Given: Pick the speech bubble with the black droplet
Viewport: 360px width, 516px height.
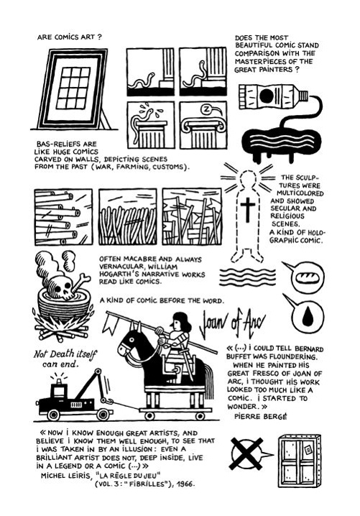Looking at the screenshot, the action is [305, 314].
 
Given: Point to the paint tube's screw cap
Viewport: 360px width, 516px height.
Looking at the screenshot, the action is [304, 96].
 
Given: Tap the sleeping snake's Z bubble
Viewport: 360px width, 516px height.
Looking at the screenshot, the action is [208, 111].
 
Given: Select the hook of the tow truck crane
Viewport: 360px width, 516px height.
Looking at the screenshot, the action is [108, 401].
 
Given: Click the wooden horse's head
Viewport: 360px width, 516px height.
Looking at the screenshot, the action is [129, 342].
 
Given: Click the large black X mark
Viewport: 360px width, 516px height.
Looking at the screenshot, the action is [246, 453].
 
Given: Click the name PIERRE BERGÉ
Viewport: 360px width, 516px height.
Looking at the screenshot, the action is [261, 416].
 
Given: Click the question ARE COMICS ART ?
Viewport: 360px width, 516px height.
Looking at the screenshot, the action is [70, 37].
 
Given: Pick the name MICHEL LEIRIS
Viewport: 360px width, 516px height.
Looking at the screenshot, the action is [65, 475].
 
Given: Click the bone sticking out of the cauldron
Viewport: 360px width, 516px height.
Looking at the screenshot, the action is [81, 282].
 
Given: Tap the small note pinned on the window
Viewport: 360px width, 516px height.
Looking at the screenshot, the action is [308, 449].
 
